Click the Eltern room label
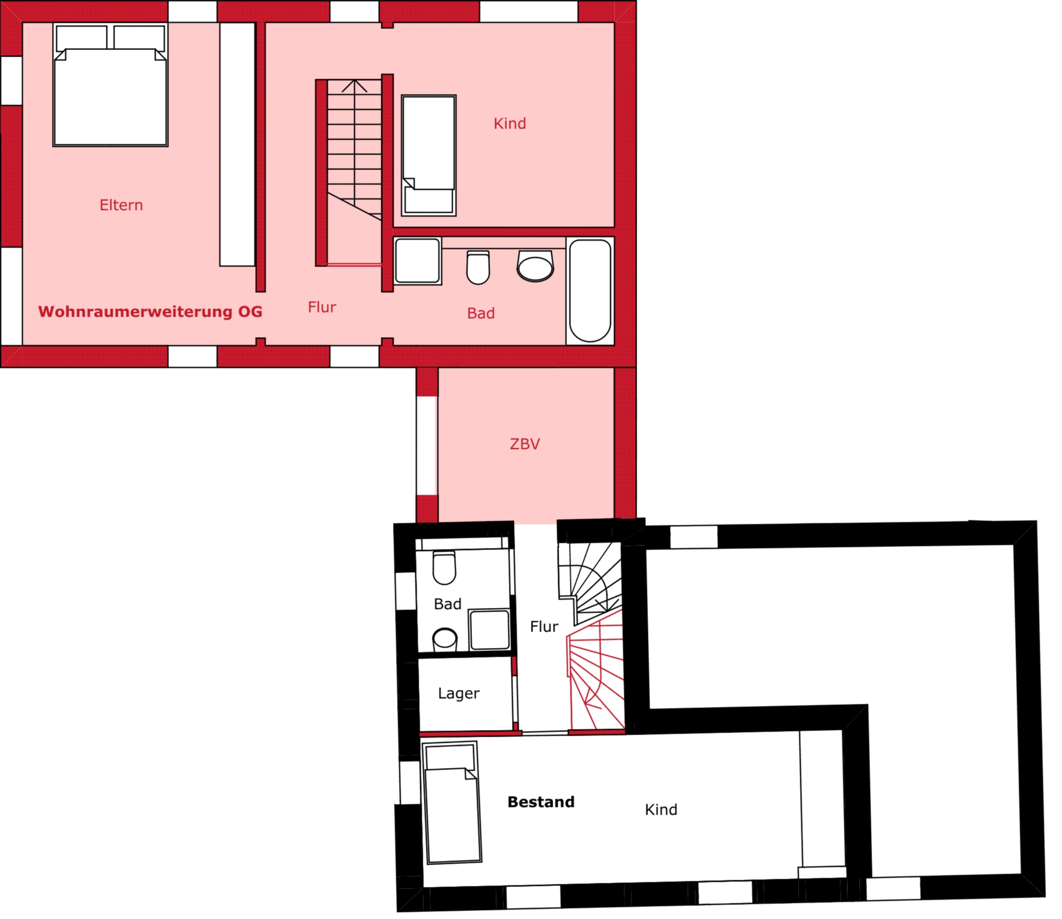[121, 205]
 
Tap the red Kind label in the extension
[510, 124]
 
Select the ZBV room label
[525, 444]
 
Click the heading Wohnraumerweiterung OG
[150, 311]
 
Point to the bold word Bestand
[541, 802]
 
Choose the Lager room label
[459, 694]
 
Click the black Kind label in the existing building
[661, 810]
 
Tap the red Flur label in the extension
[322, 307]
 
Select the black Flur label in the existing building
[544, 626]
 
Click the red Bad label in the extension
[481, 313]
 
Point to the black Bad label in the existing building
[448, 604]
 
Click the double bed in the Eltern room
[110, 85]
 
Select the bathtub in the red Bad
[590, 291]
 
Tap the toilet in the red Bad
[478, 267]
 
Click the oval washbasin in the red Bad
[535, 266]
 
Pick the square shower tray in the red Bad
[418, 261]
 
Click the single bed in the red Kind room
[429, 155]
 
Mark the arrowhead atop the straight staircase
[354, 86]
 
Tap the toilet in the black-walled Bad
[445, 568]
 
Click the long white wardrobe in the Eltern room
[237, 144]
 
